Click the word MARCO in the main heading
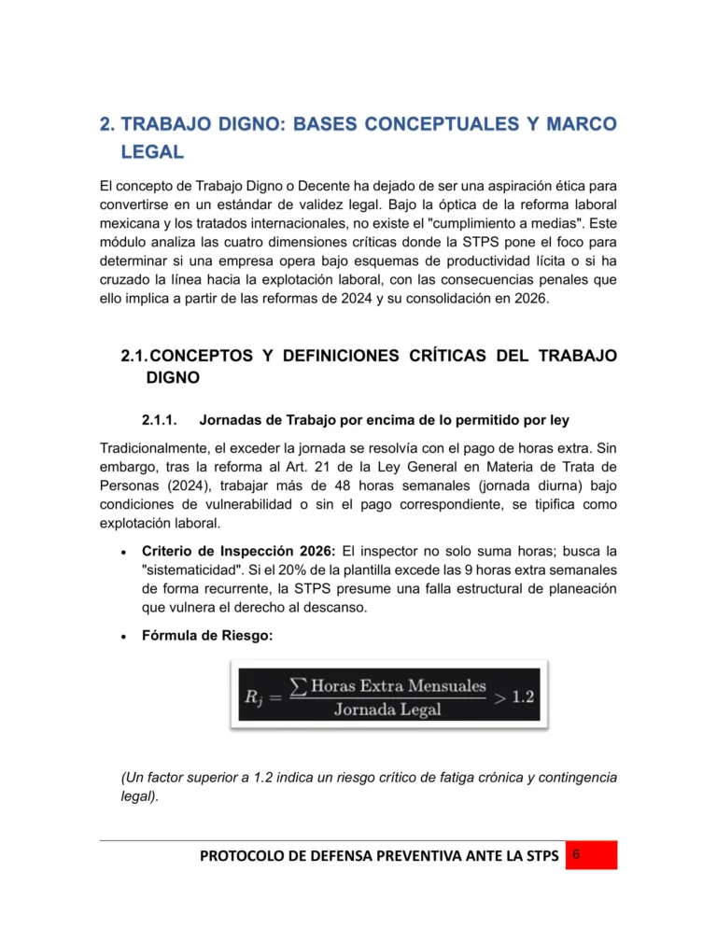571,125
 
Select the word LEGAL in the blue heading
152,152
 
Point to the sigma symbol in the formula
298,688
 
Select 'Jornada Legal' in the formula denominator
387,709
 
